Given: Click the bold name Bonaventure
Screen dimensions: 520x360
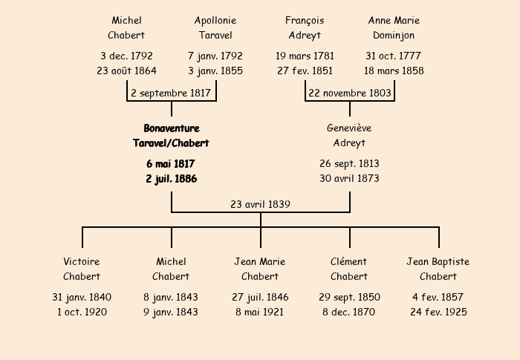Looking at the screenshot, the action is [172, 128].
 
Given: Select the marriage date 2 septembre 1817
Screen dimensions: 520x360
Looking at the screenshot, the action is [171, 93].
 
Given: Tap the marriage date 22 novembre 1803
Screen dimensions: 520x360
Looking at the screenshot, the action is [350, 93].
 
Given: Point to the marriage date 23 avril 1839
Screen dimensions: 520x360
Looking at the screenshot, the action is [260, 204].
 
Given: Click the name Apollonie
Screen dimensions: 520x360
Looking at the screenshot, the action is [215, 21].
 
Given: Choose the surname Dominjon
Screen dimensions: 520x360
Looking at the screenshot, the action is [394, 36].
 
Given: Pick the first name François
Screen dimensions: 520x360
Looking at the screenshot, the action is [305, 21].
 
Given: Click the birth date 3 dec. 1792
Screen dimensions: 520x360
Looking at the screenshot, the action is [126, 56].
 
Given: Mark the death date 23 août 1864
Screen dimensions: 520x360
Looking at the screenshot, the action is [126, 71].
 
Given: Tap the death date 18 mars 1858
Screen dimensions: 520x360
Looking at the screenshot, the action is [394, 71].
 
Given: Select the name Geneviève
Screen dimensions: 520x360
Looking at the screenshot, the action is [349, 128].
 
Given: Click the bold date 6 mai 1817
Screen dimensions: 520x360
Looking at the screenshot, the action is [170, 164].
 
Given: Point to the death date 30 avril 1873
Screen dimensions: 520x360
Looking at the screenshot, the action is [349, 178].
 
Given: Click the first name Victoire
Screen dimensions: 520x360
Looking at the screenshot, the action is [82, 261].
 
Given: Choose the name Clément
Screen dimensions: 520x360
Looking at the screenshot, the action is [348, 261].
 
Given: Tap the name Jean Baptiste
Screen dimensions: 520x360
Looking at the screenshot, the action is [438, 262].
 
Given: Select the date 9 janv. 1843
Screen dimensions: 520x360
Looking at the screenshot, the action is [170, 312].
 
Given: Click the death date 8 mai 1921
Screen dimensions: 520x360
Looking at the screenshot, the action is [260, 312].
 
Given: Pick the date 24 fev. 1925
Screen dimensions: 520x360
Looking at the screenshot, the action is [438, 312].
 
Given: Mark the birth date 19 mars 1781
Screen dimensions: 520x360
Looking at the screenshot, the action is [305, 56].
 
